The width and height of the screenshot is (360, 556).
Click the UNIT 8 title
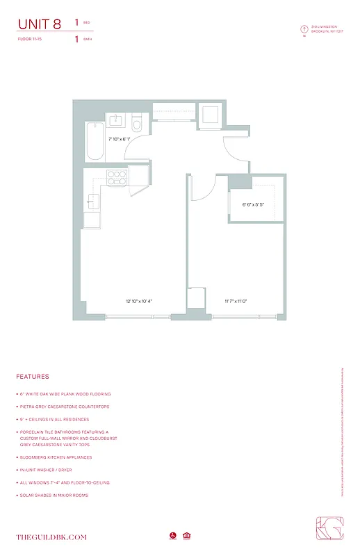pos(40,25)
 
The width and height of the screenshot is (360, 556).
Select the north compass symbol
pos(304,29)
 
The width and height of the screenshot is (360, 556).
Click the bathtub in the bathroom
pos(94,142)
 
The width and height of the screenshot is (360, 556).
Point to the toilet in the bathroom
pos(137,124)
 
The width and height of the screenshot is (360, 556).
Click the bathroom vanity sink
pos(115,121)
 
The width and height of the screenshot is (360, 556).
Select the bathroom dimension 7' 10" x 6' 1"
pos(119,139)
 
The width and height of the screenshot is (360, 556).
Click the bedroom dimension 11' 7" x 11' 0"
pos(236,301)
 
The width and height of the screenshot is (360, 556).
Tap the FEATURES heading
pos(33,377)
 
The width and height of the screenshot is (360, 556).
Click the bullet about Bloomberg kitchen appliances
pos(56,457)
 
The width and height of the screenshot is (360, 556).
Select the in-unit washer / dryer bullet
pos(50,470)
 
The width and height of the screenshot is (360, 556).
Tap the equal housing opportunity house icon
pos(186,536)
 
